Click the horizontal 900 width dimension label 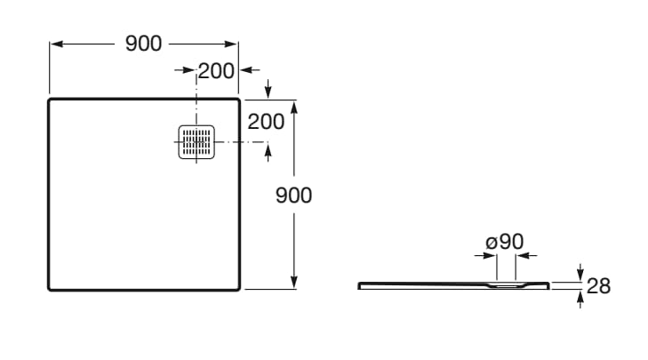click(x=143, y=44)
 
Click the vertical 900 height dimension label click(x=293, y=196)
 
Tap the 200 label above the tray click(x=216, y=71)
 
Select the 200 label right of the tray click(x=266, y=122)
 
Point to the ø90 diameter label click(x=505, y=242)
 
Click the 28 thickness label click(x=598, y=286)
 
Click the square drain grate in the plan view click(x=196, y=141)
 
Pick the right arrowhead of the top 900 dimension click(x=231, y=44)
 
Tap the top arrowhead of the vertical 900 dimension click(x=294, y=107)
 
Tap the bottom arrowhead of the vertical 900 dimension click(x=294, y=283)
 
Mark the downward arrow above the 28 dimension click(x=580, y=273)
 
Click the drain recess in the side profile click(x=507, y=285)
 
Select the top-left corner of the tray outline click(x=49, y=100)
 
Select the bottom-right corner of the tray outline click(x=239, y=289)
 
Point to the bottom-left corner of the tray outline click(x=49, y=289)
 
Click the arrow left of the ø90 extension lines click(x=485, y=256)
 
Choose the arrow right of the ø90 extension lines click(x=527, y=256)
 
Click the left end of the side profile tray click(x=359, y=285)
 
